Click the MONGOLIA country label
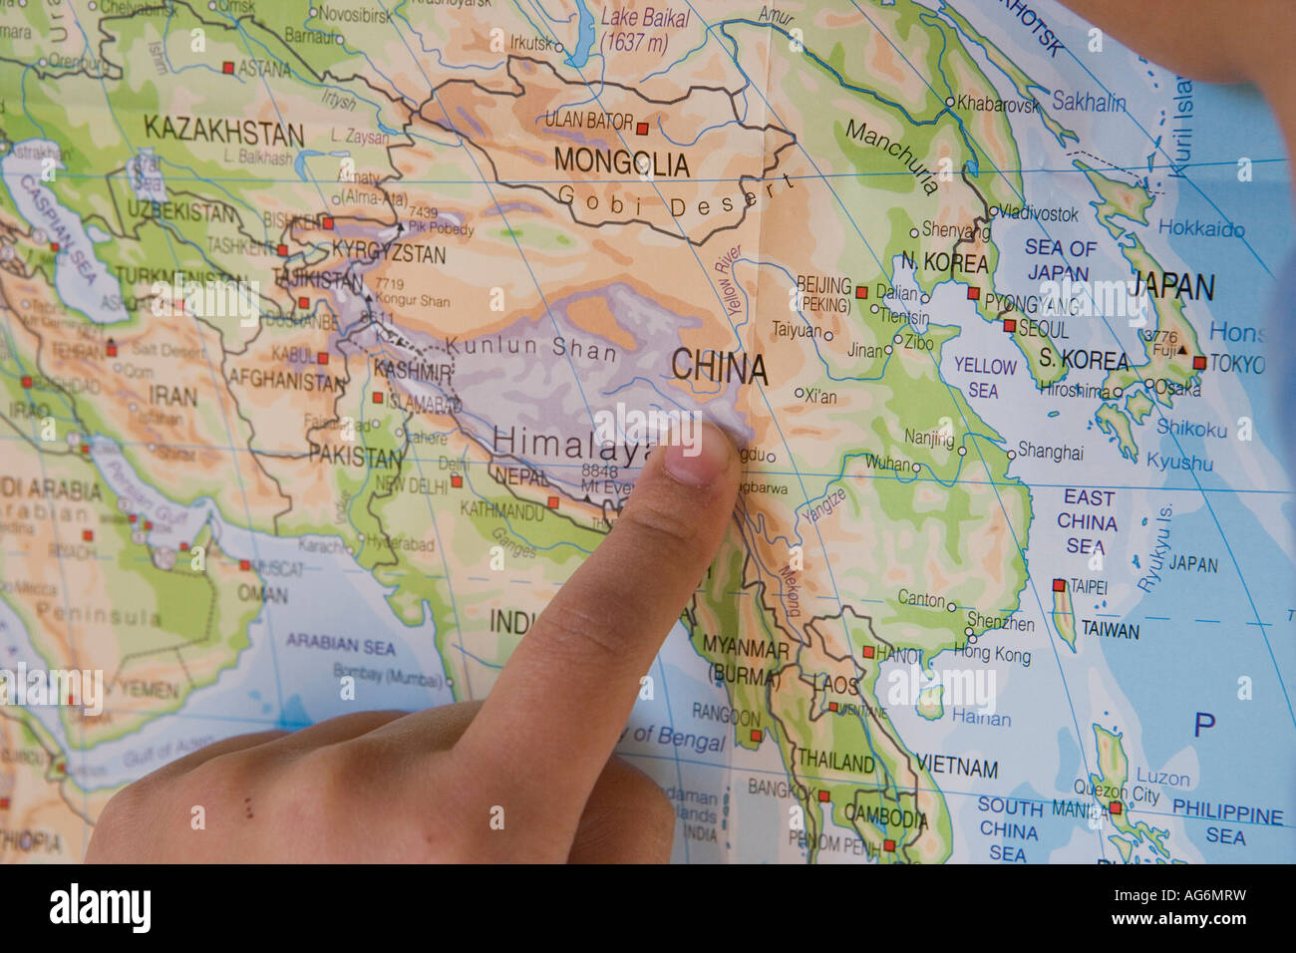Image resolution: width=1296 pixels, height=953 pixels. click(x=621, y=162)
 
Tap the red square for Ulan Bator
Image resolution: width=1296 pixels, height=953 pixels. click(x=642, y=128)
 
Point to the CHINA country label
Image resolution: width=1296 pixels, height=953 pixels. click(x=719, y=368)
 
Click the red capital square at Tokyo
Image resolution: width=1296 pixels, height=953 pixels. click(x=1199, y=364)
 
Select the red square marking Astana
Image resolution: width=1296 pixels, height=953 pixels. click(x=228, y=68)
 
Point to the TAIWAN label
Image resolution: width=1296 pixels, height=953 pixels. click(x=1111, y=630)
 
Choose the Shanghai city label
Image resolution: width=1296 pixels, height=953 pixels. click(x=1050, y=453)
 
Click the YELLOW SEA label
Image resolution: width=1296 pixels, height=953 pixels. click(x=984, y=378)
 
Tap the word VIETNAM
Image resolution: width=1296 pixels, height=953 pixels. click(x=958, y=768)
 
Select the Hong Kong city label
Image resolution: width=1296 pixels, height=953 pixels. click(x=992, y=654)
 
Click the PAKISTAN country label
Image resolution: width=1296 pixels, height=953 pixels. click(x=354, y=458)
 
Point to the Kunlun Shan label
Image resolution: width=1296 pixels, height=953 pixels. click(x=531, y=348)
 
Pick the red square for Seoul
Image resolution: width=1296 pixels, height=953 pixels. click(x=1010, y=326)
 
